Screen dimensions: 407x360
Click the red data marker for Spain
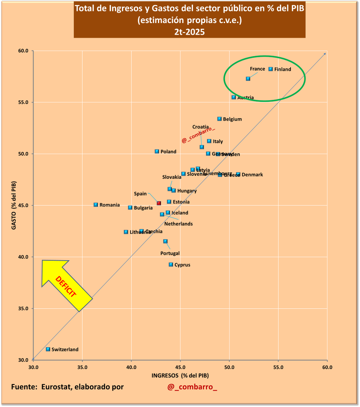click(159, 203)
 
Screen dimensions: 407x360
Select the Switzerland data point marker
click(48, 349)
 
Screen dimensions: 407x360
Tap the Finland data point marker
click(271, 69)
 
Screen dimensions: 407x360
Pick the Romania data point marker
click(96, 205)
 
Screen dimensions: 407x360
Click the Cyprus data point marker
click(171, 264)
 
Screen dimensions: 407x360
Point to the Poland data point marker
click(157, 151)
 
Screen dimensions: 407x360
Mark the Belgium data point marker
click(219, 119)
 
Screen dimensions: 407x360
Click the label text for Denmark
click(252, 175)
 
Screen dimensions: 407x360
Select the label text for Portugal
click(170, 253)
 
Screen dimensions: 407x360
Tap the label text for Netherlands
click(178, 224)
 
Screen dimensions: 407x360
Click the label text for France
click(257, 69)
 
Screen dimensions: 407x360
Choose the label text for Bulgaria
click(143, 208)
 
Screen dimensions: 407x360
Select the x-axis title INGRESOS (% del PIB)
click(180, 375)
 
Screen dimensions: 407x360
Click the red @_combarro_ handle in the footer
click(192, 387)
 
